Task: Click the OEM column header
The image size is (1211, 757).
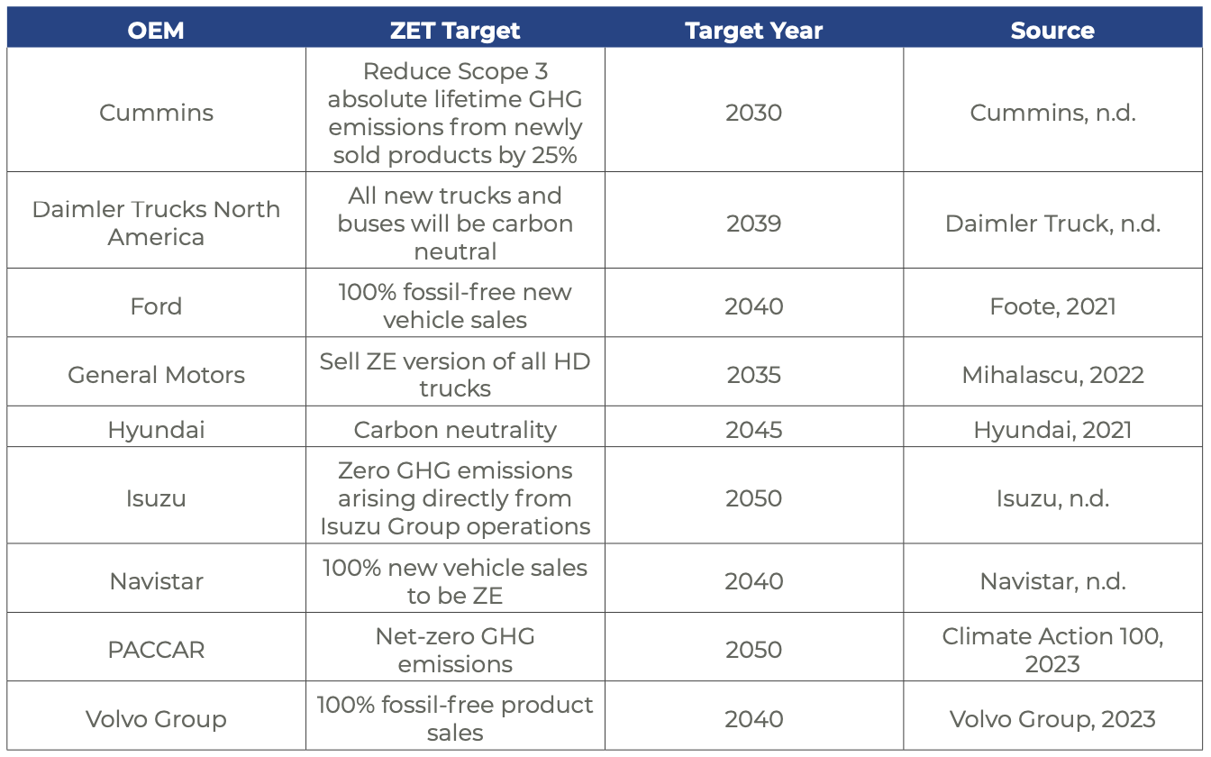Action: [156, 30]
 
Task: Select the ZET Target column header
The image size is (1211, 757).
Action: [455, 30]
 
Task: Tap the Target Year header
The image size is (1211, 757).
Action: [753, 30]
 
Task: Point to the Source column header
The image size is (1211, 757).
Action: [1052, 30]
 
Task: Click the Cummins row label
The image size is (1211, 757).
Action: [156, 113]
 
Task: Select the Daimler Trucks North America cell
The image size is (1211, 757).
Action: [156, 223]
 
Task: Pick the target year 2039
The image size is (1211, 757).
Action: [753, 223]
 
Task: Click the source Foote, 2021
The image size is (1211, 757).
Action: [1052, 306]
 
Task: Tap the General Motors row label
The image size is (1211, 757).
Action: [156, 375]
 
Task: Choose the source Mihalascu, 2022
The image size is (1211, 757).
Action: [1052, 375]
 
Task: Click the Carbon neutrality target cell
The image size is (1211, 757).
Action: [455, 430]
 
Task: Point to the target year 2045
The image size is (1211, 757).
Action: [753, 430]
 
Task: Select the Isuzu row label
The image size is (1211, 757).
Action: [156, 498]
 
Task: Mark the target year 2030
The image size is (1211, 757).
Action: [753, 113]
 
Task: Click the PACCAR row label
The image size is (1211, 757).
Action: [156, 650]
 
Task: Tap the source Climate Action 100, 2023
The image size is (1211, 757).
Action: [1052, 650]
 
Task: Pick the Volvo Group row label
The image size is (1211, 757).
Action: [156, 719]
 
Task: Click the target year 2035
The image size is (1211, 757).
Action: [753, 375]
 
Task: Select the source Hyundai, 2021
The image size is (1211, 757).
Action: [1052, 430]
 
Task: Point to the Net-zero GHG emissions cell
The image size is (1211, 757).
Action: [455, 650]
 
